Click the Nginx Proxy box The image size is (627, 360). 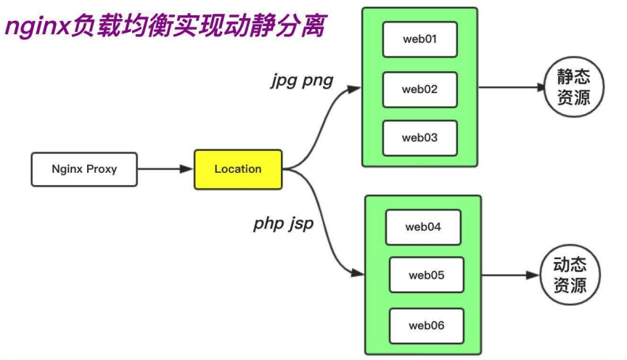[84, 169]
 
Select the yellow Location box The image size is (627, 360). [237, 169]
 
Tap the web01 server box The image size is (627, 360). [419, 39]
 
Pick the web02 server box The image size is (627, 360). [419, 89]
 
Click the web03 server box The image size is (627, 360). [419, 138]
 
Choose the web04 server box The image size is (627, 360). [423, 227]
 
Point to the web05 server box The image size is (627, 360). [426, 275]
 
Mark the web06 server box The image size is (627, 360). [426, 326]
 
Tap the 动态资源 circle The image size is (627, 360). [573, 274]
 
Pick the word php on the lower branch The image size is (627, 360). [269, 224]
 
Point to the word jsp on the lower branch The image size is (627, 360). [301, 224]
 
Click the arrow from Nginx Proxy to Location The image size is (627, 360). [165, 169]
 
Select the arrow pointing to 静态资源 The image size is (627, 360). [512, 87]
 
